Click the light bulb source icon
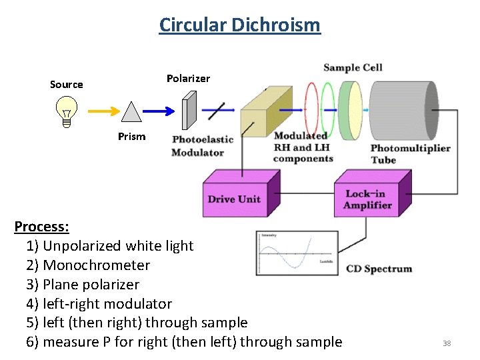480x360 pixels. [67, 111]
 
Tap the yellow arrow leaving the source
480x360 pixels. [101, 112]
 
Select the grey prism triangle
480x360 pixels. [131, 113]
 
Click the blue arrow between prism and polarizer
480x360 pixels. [161, 112]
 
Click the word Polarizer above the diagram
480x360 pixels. [188, 79]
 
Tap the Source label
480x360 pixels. [67, 85]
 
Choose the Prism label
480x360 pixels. [131, 137]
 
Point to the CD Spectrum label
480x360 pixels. [379, 269]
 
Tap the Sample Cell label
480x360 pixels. [353, 67]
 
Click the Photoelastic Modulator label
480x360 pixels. [203, 146]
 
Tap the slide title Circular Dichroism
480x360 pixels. [240, 25]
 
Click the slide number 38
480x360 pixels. [447, 343]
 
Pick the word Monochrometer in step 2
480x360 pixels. [97, 265]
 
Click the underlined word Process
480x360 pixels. [41, 227]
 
